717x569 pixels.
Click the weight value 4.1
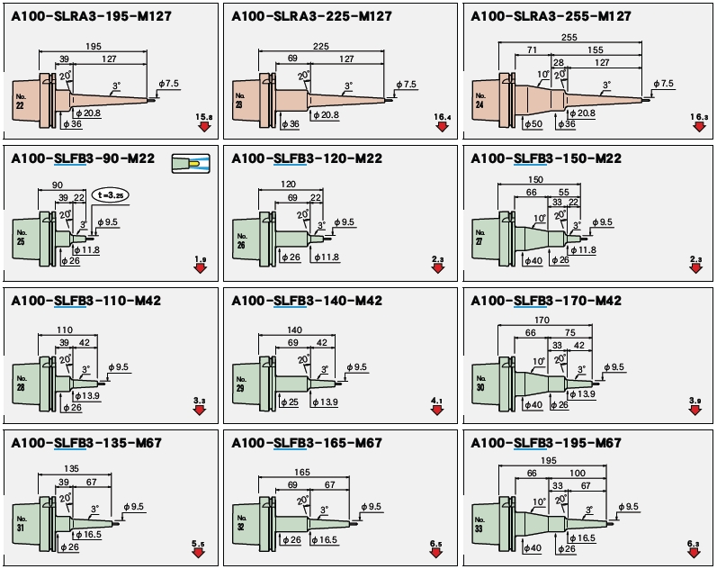click(x=437, y=399)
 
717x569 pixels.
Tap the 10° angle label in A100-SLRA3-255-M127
click(x=542, y=74)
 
